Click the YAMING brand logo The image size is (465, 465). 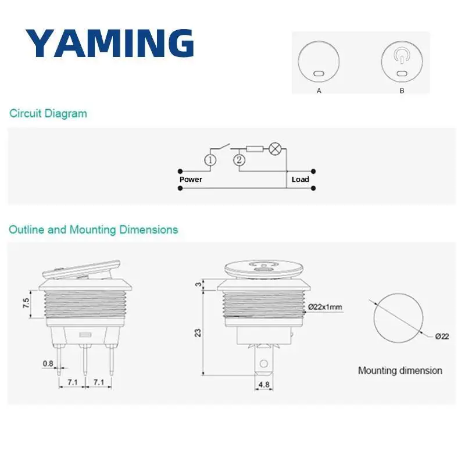point(109,43)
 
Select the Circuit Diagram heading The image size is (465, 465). point(48,113)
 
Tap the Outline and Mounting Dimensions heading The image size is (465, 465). point(94,230)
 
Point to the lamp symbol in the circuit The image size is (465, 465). point(276,149)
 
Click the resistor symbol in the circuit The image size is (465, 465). point(254,149)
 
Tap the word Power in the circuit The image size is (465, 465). point(191,179)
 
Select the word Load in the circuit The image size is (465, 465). point(300,179)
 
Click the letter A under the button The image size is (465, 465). point(319,91)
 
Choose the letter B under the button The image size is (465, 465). point(402,91)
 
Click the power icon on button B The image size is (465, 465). point(402,56)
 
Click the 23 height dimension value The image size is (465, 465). point(198,332)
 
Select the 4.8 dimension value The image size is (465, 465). point(263,384)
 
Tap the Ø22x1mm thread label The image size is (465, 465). point(324,306)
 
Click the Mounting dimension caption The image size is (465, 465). point(400,370)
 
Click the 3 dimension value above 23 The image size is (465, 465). point(198,284)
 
